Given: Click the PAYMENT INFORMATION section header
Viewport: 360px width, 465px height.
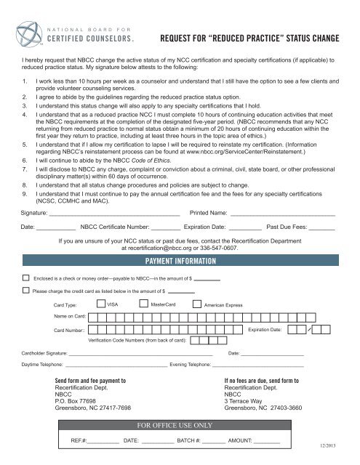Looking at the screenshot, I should click(x=180, y=261).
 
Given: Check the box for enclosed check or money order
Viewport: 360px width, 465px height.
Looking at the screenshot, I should click(x=26, y=278).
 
